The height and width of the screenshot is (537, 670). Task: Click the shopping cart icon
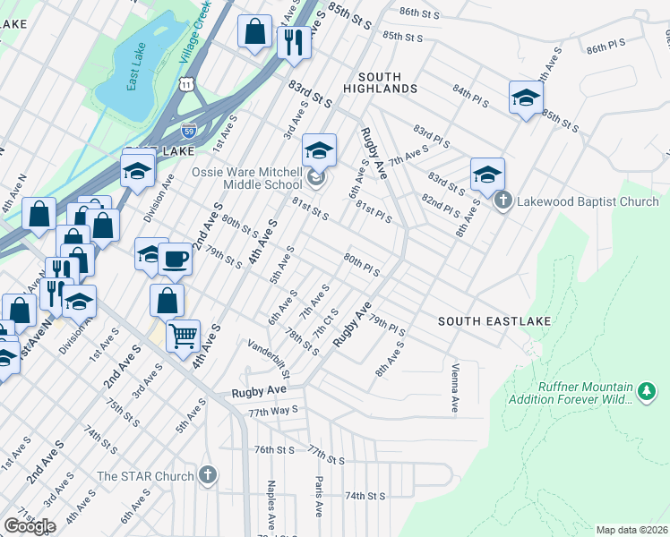[183, 337]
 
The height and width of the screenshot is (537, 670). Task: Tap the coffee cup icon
[175, 259]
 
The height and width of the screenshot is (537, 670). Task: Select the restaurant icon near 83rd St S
[293, 39]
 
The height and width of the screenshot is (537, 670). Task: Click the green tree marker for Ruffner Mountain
[646, 391]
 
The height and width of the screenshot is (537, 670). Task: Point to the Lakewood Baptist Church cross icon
[503, 201]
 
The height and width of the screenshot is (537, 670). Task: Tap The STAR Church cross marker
[208, 476]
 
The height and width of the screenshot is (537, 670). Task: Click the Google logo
[30, 526]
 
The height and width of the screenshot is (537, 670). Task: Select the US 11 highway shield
[185, 83]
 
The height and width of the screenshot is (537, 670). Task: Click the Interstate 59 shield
[188, 130]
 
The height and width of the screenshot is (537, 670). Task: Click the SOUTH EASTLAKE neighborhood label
[494, 320]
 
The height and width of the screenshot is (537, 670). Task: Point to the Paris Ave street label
[318, 497]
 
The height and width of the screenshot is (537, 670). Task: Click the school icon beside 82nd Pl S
[487, 174]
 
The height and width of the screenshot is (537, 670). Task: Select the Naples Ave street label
[271, 504]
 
